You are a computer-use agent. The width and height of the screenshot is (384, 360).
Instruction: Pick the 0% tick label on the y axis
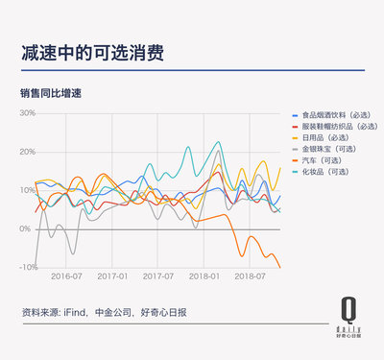(29, 228)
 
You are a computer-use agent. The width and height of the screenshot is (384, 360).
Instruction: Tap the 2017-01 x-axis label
(111, 276)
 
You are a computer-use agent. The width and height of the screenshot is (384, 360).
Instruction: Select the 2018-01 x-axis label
(204, 276)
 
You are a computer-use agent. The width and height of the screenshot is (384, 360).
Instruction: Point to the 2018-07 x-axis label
(250, 276)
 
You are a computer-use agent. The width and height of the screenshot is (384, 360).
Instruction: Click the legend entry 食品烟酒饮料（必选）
(336, 116)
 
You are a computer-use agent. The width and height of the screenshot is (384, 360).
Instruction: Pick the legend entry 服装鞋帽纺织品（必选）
(338, 127)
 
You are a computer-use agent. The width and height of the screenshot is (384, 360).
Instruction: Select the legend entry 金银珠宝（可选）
(332, 148)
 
